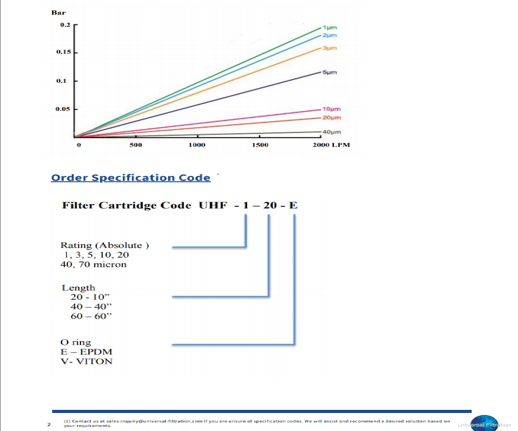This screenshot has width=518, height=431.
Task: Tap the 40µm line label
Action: (332, 132)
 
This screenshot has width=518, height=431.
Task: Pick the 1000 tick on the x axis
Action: (197, 145)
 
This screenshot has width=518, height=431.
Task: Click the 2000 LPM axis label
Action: (332, 145)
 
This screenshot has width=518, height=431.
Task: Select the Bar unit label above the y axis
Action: (59, 13)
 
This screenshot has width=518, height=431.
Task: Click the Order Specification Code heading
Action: (130, 178)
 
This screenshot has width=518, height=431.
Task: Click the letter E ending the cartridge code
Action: (293, 206)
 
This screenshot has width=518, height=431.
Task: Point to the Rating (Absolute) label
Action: (105, 246)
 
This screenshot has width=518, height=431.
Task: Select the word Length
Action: (79, 288)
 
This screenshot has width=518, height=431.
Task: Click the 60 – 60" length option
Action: (91, 316)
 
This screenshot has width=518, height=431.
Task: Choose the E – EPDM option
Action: (86, 352)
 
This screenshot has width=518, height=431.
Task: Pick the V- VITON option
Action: (86, 361)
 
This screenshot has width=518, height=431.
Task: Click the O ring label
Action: (76, 342)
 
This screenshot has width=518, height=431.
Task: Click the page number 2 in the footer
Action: (48, 423)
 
